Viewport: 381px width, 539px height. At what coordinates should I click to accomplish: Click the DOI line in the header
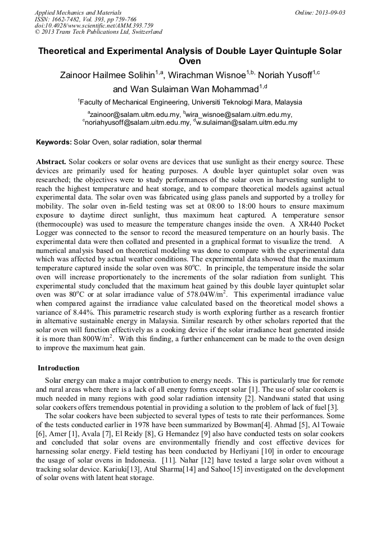78,25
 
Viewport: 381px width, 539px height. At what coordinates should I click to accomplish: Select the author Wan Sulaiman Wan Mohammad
185,89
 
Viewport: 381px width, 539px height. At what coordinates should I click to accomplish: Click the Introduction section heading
59,368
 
